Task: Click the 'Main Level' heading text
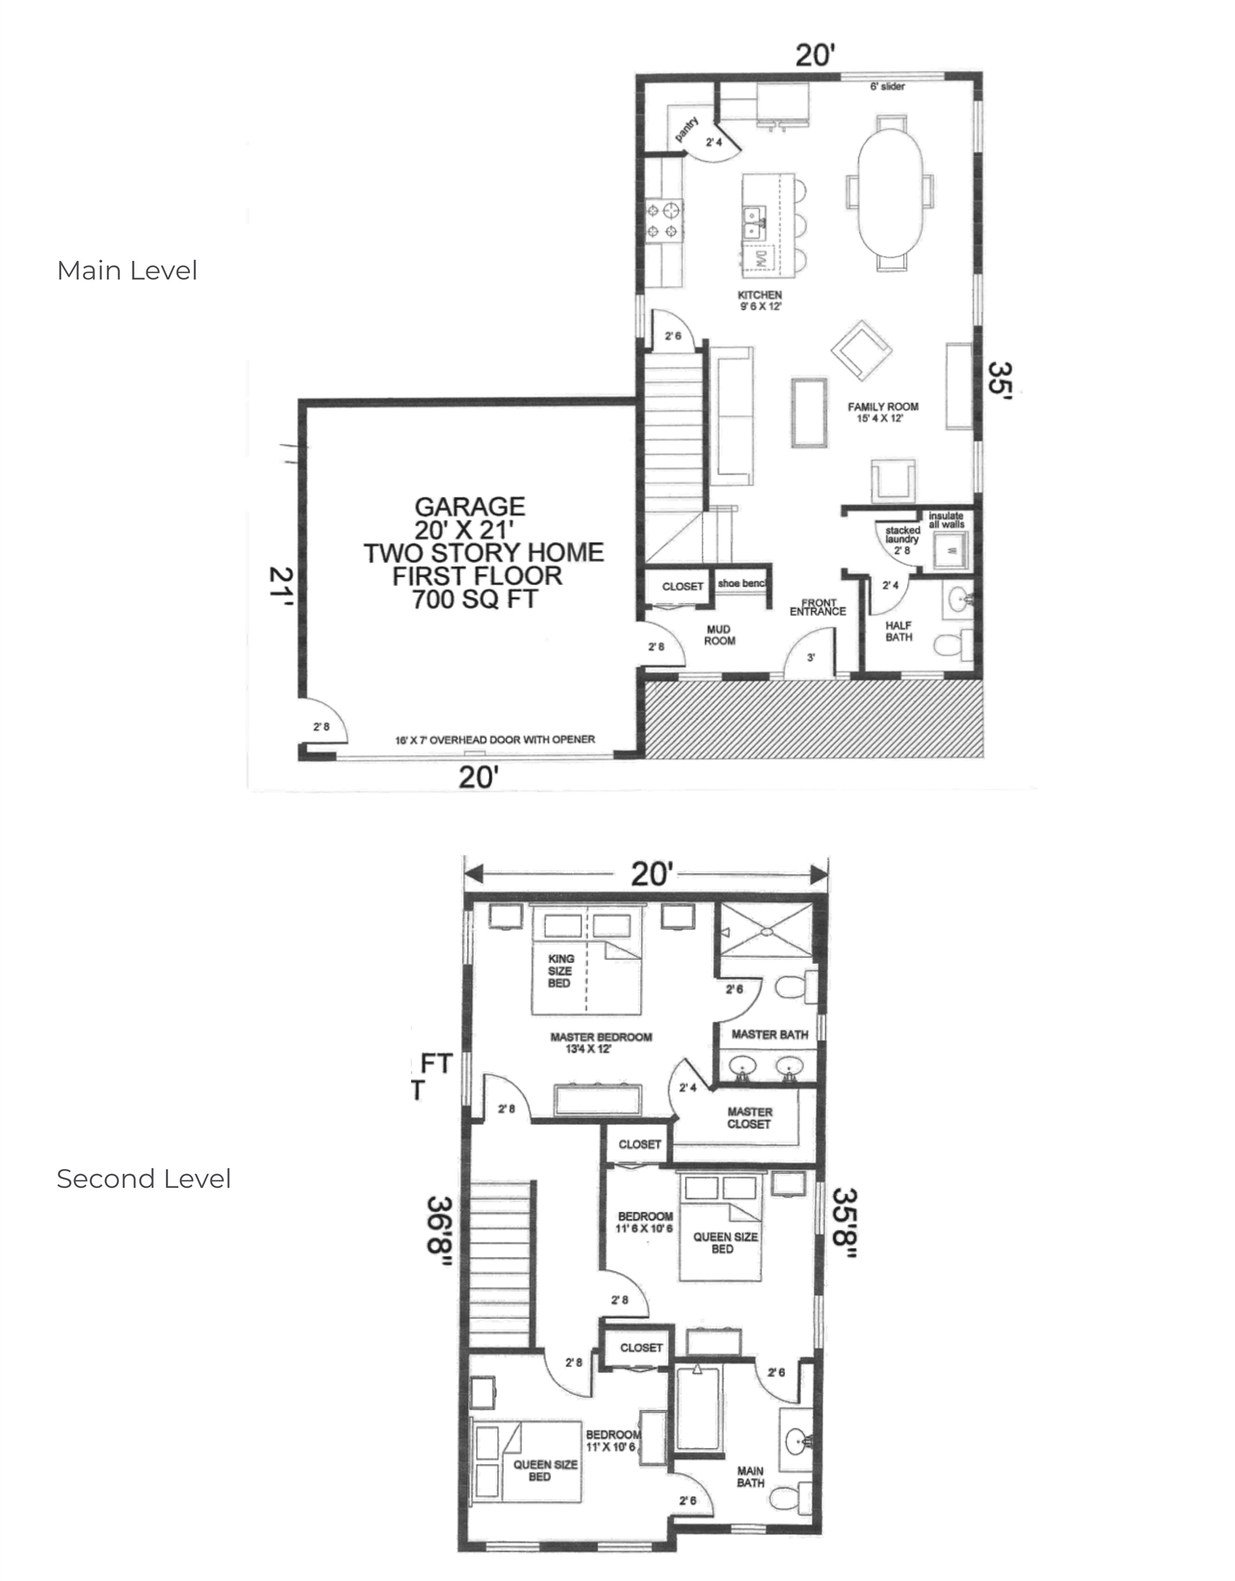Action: tap(127, 271)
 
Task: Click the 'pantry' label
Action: tap(685, 130)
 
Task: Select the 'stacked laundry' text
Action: tap(902, 535)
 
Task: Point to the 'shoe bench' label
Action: tap(741, 583)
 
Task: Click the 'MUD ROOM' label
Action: tap(720, 635)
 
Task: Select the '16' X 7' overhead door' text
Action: tap(495, 740)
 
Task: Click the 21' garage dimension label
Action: tap(281, 585)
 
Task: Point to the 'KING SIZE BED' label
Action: tap(561, 971)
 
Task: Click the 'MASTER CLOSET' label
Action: tap(749, 1118)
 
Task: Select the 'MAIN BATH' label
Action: tap(751, 1477)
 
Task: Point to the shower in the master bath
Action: tap(764, 930)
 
